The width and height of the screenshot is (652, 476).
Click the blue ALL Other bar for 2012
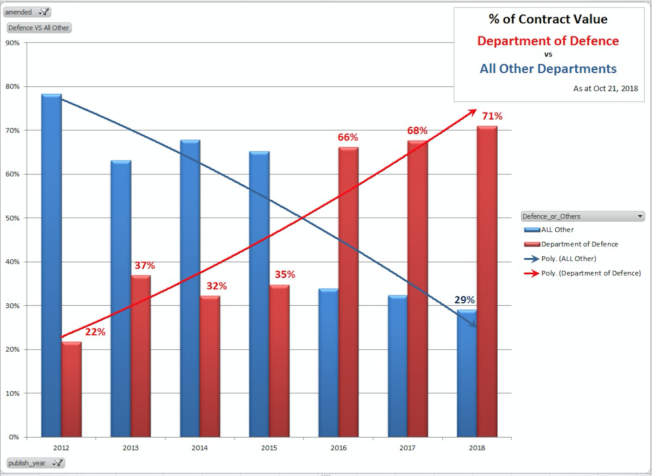51,266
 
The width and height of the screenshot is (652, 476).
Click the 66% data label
348,137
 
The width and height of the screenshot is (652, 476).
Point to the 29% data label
464,300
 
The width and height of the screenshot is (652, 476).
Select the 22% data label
95,332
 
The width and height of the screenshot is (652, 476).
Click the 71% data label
492,116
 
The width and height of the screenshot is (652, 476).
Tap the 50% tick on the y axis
13,218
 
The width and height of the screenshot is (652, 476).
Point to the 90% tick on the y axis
13,43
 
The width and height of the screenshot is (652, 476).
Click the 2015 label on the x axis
269,448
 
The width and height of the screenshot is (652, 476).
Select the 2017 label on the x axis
407,448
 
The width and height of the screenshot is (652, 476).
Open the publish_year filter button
35,463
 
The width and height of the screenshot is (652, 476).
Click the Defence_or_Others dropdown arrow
640,216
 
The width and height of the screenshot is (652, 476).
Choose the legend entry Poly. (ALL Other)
568,259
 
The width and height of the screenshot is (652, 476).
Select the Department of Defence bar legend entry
579,244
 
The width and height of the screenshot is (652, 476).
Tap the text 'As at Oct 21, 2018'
605,89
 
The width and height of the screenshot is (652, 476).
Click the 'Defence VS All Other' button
39,28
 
